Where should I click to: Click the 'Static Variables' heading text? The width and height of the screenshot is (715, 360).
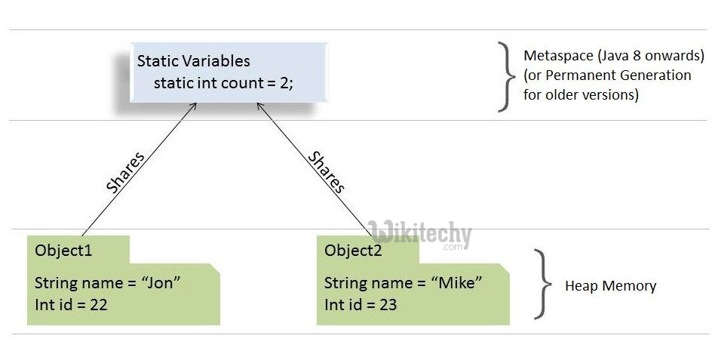pyautogui.click(x=193, y=61)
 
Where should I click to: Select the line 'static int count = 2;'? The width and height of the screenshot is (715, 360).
pyautogui.click(x=223, y=83)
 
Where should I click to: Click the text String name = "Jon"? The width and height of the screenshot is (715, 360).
pyautogui.click(x=108, y=283)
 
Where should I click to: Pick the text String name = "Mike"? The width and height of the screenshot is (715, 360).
pyautogui.click(x=403, y=283)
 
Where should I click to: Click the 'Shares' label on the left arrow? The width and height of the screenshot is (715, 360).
pyautogui.click(x=125, y=173)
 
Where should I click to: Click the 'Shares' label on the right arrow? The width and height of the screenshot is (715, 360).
pyautogui.click(x=327, y=173)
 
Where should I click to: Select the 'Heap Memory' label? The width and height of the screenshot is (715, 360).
pyautogui.click(x=610, y=286)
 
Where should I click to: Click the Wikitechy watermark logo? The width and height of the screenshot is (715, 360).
pyautogui.click(x=421, y=234)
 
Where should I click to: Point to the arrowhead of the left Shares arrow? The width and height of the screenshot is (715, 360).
pyautogui.click(x=195, y=106)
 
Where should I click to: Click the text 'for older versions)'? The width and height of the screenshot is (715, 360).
pyautogui.click(x=580, y=95)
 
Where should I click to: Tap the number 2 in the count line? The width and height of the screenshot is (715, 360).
pyautogui.click(x=283, y=83)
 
